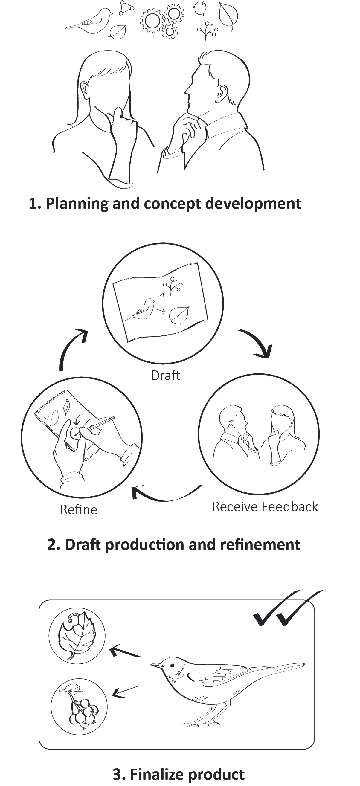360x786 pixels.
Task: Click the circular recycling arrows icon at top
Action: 200,8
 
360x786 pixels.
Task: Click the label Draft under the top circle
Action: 166,375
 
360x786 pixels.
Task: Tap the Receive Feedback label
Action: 265,507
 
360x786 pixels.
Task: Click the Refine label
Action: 79,510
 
